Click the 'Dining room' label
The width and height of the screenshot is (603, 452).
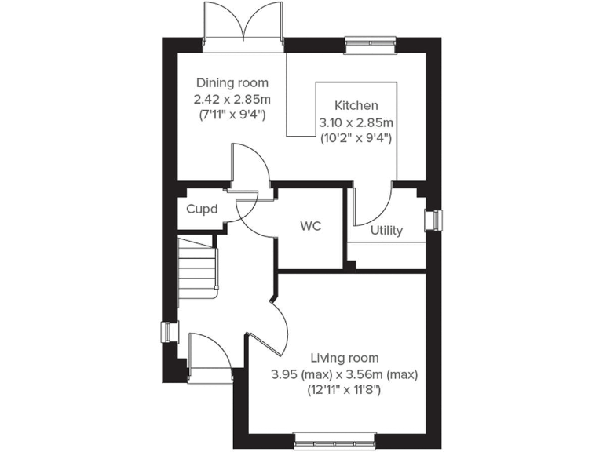pos(232,82)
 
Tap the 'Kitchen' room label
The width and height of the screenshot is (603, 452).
pos(356,105)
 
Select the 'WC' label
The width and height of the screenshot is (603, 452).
pos(311,226)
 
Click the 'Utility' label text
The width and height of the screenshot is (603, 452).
pos(386,230)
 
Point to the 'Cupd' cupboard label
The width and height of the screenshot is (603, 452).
pos(202,210)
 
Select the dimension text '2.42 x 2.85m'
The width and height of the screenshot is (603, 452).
pos(232,99)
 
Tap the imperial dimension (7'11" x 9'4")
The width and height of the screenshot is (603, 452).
pos(232,115)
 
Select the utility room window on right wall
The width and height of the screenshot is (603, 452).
pos(433,221)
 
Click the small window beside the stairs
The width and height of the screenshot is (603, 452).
pos(167,333)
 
